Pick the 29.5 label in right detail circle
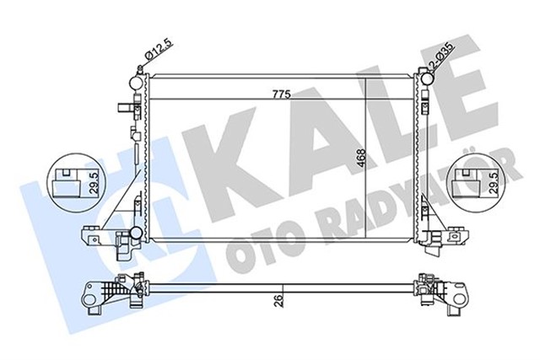[x=490, y=180]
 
